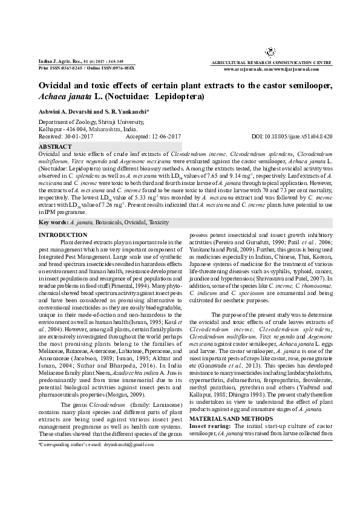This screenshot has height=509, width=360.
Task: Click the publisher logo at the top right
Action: (x=270, y=53)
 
